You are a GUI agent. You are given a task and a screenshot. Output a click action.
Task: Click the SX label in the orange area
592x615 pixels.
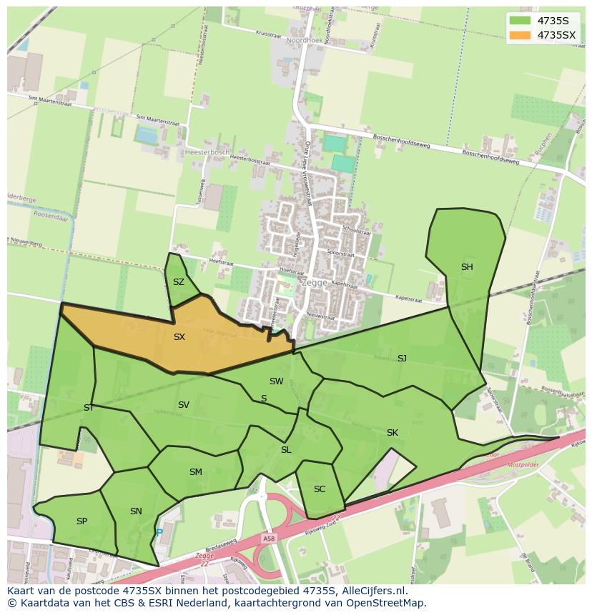click(x=179, y=337)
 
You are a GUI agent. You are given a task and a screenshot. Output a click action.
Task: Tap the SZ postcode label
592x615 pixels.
click(x=179, y=282)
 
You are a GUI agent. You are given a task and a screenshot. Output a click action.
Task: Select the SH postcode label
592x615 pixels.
click(x=467, y=267)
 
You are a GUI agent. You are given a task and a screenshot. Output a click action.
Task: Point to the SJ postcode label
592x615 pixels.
click(x=402, y=359)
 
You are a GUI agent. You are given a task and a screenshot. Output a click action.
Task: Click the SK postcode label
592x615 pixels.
click(x=393, y=433)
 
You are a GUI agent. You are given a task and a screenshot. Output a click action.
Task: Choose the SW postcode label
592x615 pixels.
click(x=277, y=381)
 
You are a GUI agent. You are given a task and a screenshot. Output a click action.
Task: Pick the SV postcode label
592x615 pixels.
click(x=184, y=405)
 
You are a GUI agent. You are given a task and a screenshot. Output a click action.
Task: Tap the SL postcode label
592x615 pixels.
click(x=286, y=450)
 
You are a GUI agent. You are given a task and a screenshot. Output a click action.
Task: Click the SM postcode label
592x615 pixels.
click(x=196, y=472)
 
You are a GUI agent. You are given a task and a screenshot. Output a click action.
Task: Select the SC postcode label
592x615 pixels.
click(x=320, y=489)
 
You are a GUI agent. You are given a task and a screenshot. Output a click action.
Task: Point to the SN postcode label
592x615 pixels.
click(x=136, y=511)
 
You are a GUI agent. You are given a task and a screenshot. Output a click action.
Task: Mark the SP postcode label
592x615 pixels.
click(x=82, y=521)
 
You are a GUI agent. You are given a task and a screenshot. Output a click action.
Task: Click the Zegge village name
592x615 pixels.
click(x=314, y=283)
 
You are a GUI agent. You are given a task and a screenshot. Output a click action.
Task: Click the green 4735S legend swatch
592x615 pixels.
click(x=519, y=21)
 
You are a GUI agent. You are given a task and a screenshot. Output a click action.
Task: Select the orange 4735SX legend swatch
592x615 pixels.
click(x=519, y=35)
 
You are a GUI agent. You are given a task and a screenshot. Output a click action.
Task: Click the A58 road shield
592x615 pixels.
click(x=268, y=539)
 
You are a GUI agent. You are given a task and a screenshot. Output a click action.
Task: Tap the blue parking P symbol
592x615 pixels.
click(x=159, y=532)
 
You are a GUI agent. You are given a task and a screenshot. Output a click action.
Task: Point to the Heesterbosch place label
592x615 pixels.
click(x=207, y=152)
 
